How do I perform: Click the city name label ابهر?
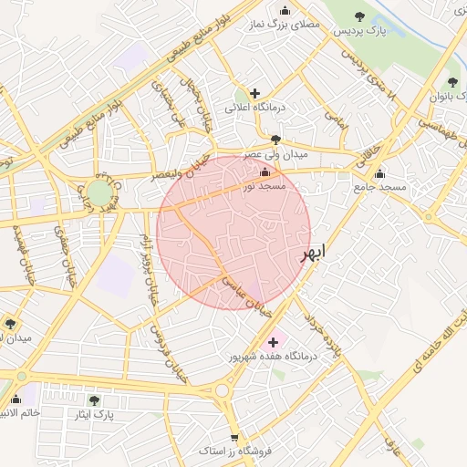pos(312,254)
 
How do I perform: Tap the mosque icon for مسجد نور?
pos(265,172)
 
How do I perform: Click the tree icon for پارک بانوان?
pos(452,83)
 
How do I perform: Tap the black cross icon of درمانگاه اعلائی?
pos(254,93)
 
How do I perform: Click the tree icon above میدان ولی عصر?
pos(276,140)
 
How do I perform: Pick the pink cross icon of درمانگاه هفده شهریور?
pos(273,342)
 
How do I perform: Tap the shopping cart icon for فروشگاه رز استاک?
pos(234,438)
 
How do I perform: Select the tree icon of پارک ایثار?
pos(94,400)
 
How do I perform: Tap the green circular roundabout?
pos(98,193)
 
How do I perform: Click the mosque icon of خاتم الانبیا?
pos(15,399)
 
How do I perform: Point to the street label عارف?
pos(393,446)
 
